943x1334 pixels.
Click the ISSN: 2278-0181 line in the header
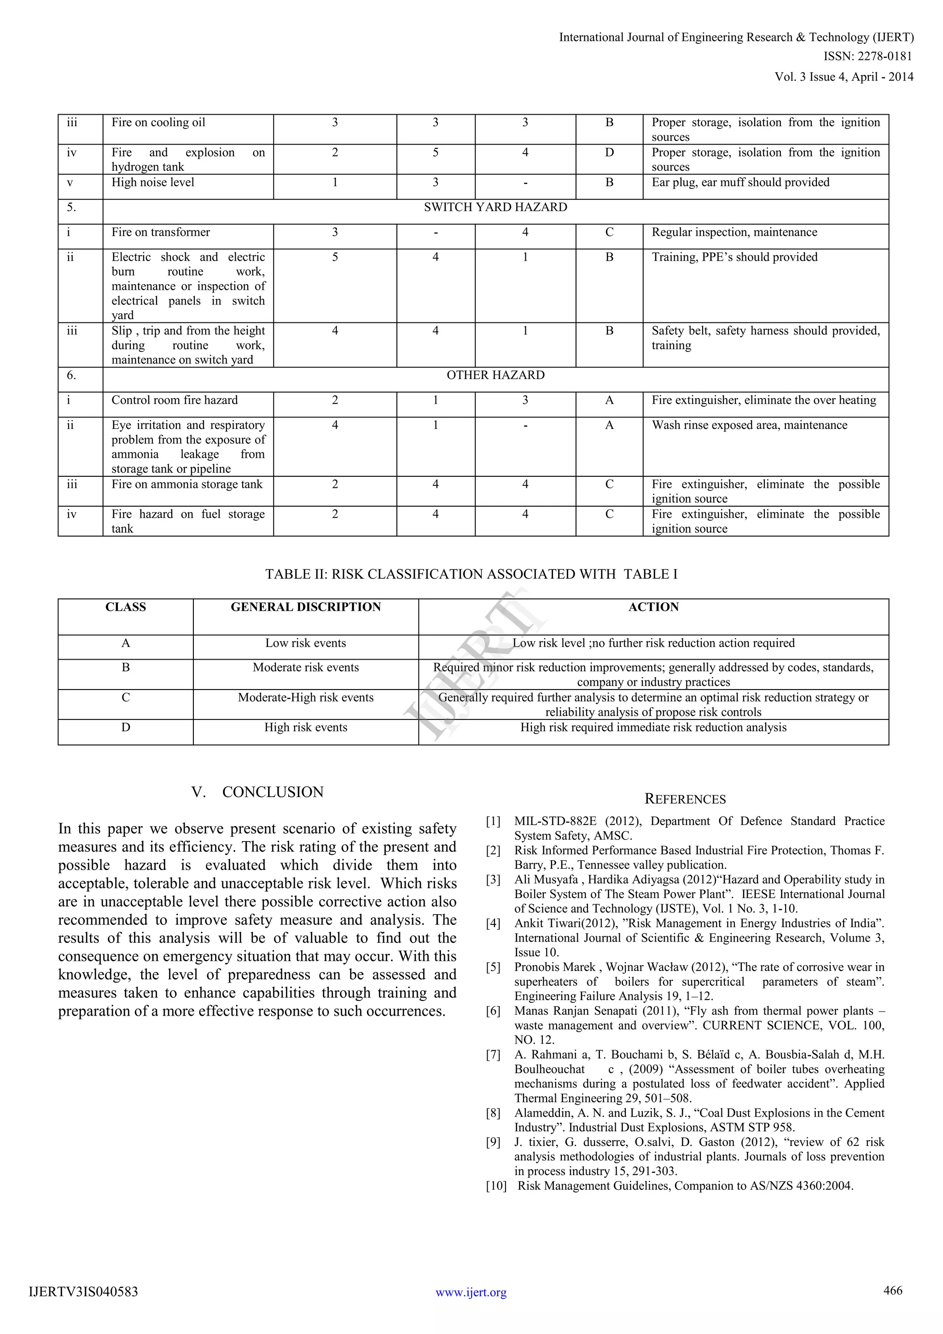click(867, 56)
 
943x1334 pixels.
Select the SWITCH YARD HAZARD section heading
click(495, 207)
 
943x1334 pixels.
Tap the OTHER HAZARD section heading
click(495, 375)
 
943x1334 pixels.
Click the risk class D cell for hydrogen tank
click(609, 153)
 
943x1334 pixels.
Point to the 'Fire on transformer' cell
click(161, 233)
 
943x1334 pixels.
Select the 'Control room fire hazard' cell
click(175, 400)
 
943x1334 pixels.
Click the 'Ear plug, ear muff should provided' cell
click(740, 182)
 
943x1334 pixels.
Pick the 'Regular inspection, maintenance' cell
click(734, 233)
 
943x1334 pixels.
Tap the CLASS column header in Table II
click(125, 607)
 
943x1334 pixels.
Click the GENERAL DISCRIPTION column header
click(305, 607)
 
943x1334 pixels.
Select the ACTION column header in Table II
click(653, 607)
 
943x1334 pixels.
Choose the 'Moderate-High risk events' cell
click(305, 698)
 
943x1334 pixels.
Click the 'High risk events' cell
click(305, 728)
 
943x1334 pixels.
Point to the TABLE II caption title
click(471, 574)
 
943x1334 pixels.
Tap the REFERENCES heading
click(685, 800)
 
